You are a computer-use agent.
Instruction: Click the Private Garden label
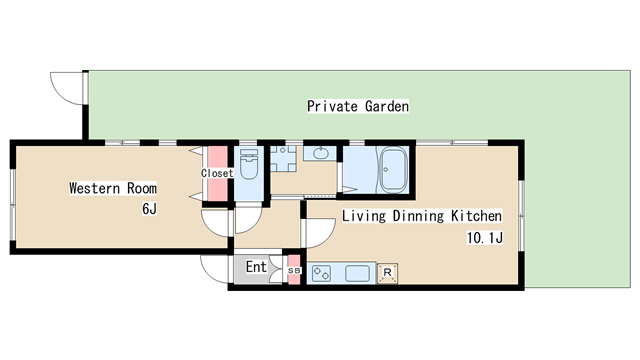tap(358, 106)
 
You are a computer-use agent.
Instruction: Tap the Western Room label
tap(113, 188)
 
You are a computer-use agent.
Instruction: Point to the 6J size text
tap(149, 209)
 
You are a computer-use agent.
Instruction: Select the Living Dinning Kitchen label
tap(422, 216)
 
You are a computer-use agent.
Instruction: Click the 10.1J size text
tap(485, 238)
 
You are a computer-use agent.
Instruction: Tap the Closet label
tap(217, 173)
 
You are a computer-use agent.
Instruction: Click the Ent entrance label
tap(256, 267)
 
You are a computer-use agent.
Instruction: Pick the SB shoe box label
tap(294, 270)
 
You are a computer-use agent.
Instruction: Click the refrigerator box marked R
tap(387, 273)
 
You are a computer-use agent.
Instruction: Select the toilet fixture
tap(249, 164)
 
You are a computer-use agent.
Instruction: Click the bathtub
tap(393, 170)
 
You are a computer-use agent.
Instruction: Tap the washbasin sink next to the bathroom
tap(320, 153)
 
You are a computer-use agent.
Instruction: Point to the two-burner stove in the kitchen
tap(321, 273)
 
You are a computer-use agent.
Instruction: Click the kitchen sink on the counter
tap(358, 273)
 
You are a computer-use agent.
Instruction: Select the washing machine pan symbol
tap(283, 159)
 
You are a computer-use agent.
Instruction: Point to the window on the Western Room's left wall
tap(13, 204)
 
